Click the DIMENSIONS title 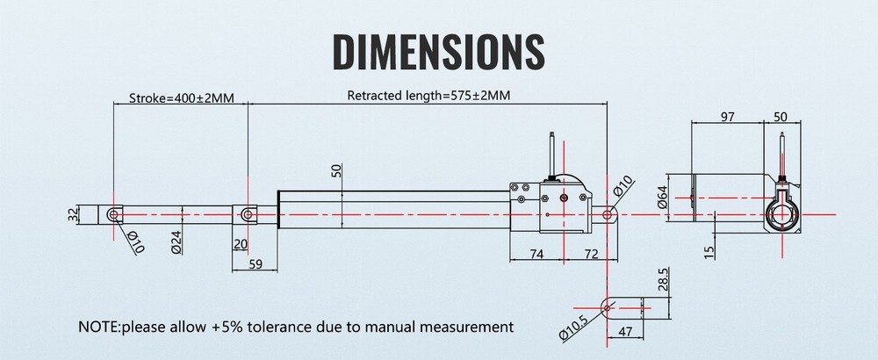(438, 52)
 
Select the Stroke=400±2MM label (181, 98)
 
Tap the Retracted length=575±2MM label (428, 95)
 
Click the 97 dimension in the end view (727, 117)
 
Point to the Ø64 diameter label (662, 197)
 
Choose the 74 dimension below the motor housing (536, 254)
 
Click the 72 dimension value (591, 254)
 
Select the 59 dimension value (255, 263)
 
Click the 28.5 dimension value (663, 280)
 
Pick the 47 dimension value (625, 331)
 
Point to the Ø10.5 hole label (572, 328)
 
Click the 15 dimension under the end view (709, 253)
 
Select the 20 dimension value (241, 244)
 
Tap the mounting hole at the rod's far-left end (113, 214)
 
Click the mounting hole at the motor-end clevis (607, 214)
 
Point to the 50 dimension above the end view (780, 117)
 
